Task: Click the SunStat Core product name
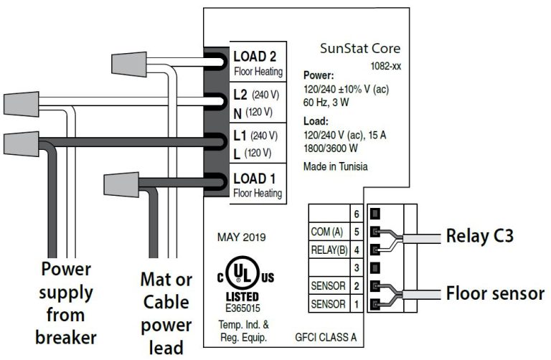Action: (359, 49)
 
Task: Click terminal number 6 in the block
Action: (357, 213)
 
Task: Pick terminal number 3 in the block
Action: (357, 267)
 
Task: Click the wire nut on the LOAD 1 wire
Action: (120, 184)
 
